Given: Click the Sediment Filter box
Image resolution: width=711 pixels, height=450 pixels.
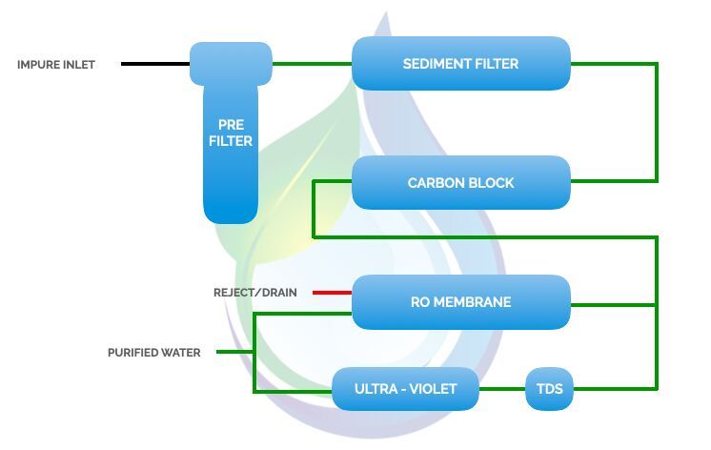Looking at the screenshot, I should [x=461, y=64].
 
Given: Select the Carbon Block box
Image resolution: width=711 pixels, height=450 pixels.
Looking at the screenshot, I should [x=461, y=182].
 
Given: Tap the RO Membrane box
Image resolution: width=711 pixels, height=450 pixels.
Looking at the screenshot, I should [x=461, y=302].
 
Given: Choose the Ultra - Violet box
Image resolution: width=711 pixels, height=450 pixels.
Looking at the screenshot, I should [x=405, y=389].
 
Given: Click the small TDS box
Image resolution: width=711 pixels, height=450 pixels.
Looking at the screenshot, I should [x=550, y=389].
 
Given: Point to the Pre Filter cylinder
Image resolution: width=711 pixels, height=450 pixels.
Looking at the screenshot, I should [x=231, y=133].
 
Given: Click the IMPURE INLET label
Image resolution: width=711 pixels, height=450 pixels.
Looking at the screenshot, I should [x=56, y=65].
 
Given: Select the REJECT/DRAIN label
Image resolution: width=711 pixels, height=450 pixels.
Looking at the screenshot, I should [x=254, y=293].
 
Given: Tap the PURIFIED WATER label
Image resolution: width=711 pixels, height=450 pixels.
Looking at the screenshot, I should [x=153, y=353].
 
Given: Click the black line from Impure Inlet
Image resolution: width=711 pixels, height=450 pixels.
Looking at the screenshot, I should [x=155, y=65].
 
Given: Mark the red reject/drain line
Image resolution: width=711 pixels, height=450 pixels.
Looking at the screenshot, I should [x=333, y=293].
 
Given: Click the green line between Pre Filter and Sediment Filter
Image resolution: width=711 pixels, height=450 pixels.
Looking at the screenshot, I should [x=312, y=64].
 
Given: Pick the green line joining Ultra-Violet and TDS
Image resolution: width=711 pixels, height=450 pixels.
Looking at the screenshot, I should [x=501, y=389].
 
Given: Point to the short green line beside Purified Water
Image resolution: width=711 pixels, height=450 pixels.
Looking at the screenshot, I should [x=234, y=352].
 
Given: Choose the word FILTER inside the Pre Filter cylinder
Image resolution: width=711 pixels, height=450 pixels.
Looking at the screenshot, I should [x=231, y=141].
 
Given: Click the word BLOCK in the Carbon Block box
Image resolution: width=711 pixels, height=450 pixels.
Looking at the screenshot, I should [x=491, y=182].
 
